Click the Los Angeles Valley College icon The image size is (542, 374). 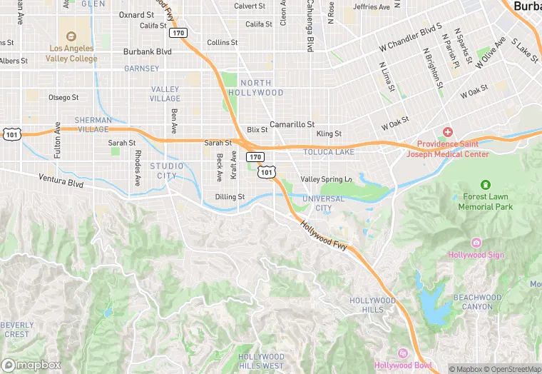coord(71,36)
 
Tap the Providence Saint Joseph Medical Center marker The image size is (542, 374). coord(448,132)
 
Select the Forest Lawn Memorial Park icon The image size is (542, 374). coord(486,185)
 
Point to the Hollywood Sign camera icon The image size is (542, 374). coord(476,243)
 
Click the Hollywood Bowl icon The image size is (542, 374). coord(403,353)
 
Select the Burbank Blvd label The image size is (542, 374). coord(148,51)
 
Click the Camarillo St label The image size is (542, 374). coord(292,123)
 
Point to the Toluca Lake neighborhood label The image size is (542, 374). coord(328,152)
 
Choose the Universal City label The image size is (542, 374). coord(323,203)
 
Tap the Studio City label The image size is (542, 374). coord(166,171)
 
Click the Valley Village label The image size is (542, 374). coord(165,93)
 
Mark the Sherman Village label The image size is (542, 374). coord(93,124)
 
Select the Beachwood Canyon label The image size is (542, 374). coord(477,302)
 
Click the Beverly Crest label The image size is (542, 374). coord(16,330)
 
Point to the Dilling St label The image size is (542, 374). coord(230,196)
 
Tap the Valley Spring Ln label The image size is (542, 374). coord(326,179)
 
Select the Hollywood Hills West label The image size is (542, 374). coord(261,361)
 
